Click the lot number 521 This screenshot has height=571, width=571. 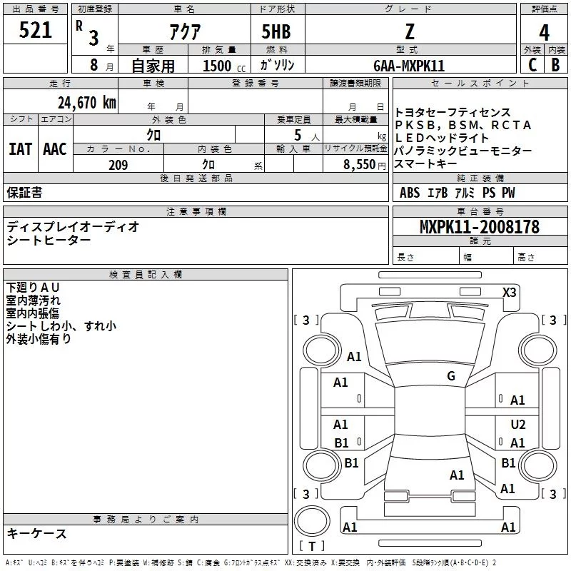35,30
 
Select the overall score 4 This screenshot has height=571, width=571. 544,33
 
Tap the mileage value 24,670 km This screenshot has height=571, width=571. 87,103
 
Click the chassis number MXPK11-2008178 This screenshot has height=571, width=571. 480,226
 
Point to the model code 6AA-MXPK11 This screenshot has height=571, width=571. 409,66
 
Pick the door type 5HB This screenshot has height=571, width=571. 276,31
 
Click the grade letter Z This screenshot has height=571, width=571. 410,31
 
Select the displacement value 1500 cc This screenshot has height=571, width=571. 224,66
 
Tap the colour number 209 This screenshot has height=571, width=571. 118,165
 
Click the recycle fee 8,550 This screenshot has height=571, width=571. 360,165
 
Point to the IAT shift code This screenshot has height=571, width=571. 21,149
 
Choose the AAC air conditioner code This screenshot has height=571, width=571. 55,149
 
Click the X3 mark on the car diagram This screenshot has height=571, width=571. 509,293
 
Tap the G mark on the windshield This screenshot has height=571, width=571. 451,376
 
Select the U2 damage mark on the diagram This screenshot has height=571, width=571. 518,425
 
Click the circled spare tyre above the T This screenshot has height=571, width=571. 312,521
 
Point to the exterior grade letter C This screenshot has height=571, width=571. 532,65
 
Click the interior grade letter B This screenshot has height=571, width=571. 555,65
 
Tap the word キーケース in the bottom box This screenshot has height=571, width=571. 37,533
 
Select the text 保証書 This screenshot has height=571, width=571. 24,193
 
